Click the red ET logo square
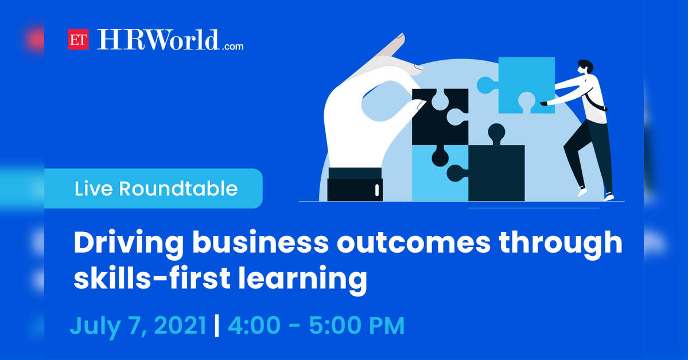point(78,39)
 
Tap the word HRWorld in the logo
point(158,40)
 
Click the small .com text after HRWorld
point(232,46)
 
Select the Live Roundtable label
point(156,189)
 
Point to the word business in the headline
point(260,242)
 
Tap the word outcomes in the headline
point(413,243)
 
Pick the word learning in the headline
point(303,280)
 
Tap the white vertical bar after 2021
point(217,326)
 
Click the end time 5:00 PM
point(357,326)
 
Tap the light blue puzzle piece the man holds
point(522,85)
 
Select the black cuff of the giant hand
point(355,184)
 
